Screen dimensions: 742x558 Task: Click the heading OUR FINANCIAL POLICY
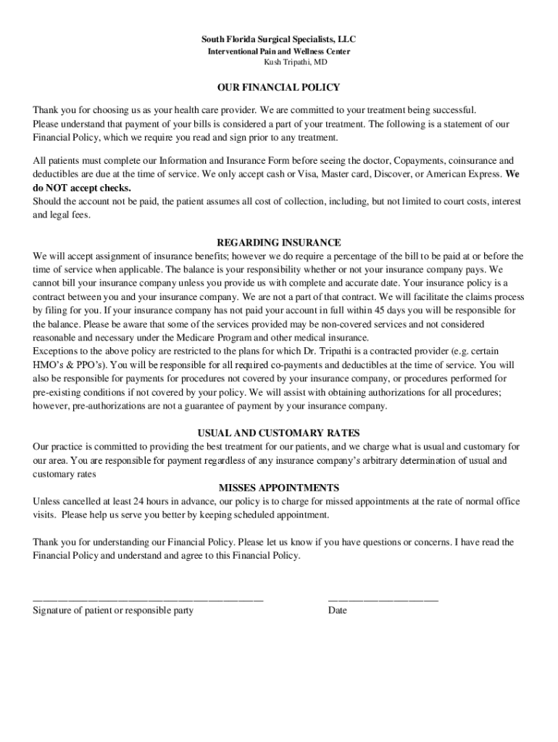[x=279, y=88]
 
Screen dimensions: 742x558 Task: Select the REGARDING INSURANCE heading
[x=279, y=242]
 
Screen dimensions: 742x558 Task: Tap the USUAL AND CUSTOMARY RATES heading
[x=279, y=433]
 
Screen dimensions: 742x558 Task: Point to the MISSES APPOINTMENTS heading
[x=279, y=488]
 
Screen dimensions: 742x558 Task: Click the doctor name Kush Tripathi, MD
[x=279, y=63]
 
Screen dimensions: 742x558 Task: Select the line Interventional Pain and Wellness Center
[x=279, y=51]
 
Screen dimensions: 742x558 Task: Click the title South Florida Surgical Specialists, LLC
[x=279, y=39]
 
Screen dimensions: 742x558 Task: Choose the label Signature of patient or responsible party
[x=113, y=611]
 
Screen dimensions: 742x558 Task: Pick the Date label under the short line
[x=338, y=611]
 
